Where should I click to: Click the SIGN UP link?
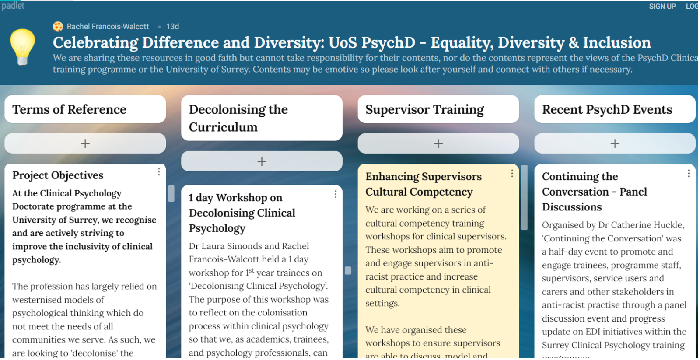coord(662,6)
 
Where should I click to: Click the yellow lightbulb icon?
coord(22,47)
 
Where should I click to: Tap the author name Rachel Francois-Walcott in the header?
coord(108,27)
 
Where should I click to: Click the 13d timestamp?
coord(172,27)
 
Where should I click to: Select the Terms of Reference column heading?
coord(69,109)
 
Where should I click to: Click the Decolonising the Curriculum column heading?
coord(238,118)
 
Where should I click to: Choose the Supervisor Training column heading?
coord(424,110)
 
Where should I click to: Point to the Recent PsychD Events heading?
coord(607,109)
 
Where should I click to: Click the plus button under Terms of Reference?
coord(85,143)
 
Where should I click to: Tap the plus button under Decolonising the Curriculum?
coord(262,161)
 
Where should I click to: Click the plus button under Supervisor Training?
coord(438,143)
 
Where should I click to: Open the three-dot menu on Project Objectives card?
coord(159,171)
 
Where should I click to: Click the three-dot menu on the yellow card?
coord(512,173)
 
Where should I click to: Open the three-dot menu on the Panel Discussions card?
coord(689,173)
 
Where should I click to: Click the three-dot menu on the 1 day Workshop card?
coord(335,194)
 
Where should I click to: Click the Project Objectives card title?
coord(57,175)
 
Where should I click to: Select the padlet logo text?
coord(13,6)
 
